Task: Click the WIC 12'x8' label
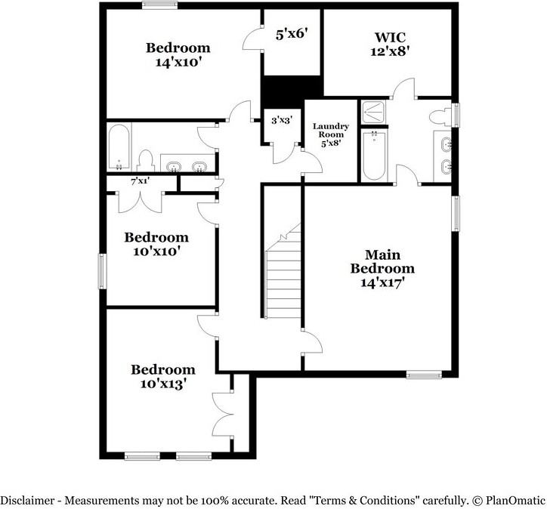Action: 390,45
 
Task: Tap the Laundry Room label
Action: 330,130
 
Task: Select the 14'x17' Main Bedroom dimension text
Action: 382,282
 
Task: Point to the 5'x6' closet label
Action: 292,35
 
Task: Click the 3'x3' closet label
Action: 282,120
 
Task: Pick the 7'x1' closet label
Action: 141,181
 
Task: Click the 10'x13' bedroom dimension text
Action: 162,384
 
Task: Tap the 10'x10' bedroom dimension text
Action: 156,251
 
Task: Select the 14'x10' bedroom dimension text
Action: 178,62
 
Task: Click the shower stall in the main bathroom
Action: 373,113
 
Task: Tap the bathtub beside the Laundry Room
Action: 374,156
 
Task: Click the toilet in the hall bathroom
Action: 146,161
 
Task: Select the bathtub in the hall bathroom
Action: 119,147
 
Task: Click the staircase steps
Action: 283,271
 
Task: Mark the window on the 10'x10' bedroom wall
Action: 102,271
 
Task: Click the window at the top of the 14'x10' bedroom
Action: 159,5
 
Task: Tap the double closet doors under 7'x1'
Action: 141,202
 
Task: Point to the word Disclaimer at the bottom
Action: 27,501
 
